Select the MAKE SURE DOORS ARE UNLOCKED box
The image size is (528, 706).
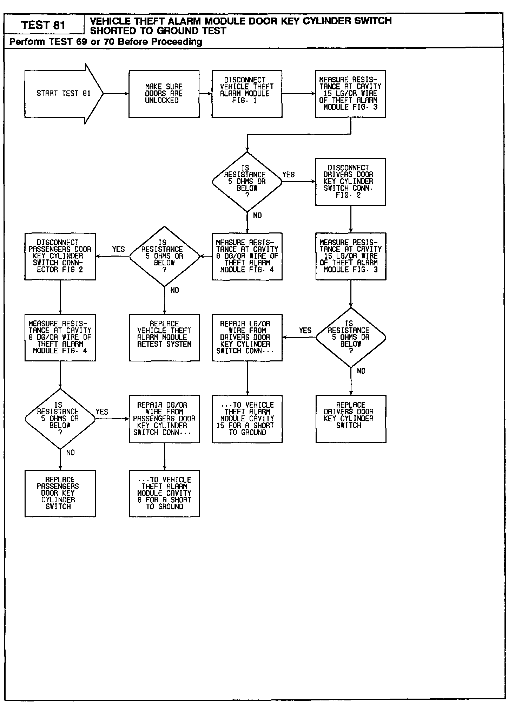pyautogui.click(x=164, y=94)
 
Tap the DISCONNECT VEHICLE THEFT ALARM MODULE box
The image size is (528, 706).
pyautogui.click(x=247, y=94)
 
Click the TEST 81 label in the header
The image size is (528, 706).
pyautogui.click(x=43, y=25)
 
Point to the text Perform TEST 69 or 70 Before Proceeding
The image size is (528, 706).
pyautogui.click(x=106, y=42)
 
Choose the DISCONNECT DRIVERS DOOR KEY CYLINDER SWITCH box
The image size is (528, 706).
pyautogui.click(x=350, y=182)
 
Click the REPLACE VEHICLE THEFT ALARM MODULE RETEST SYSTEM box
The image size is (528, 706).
pyautogui.click(x=164, y=337)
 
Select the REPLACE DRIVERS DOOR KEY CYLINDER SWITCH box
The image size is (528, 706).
pyautogui.click(x=351, y=419)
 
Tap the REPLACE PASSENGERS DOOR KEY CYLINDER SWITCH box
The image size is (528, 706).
pyautogui.click(x=60, y=493)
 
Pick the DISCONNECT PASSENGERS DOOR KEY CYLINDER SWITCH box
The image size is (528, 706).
pyautogui.click(x=60, y=256)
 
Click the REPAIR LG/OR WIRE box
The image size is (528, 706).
pyautogui.click(x=247, y=337)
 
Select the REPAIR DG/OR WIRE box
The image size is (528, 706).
pyautogui.click(x=164, y=419)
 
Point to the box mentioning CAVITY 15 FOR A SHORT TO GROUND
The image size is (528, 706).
pyautogui.click(x=247, y=419)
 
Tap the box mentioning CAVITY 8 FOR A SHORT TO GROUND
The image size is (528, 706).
pyautogui.click(x=164, y=493)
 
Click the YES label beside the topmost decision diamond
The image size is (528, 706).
pyautogui.click(x=289, y=175)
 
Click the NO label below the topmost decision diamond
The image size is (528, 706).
pyautogui.click(x=257, y=216)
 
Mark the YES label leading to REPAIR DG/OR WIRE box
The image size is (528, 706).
pyautogui.click(x=102, y=412)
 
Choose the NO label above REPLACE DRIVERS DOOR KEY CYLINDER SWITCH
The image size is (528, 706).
pyautogui.click(x=361, y=371)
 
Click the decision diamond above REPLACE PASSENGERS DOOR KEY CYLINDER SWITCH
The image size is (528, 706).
pyautogui.click(x=60, y=419)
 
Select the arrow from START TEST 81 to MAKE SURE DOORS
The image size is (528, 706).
pyautogui.click(x=116, y=94)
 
